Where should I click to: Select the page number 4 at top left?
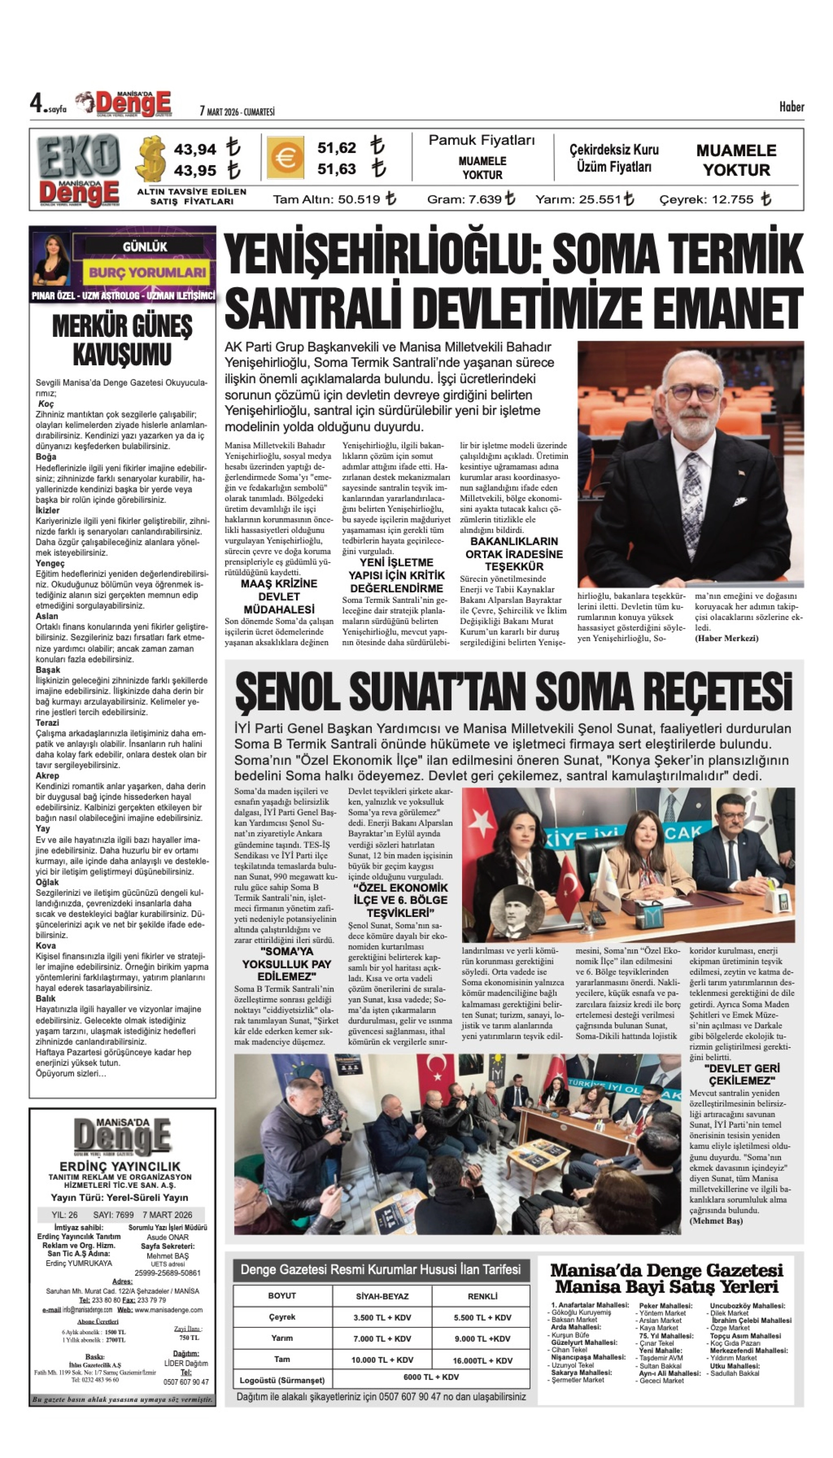(x=37, y=103)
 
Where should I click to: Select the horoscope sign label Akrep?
(x=47, y=776)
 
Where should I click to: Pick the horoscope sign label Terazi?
(x=47, y=723)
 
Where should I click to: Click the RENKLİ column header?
(x=482, y=1296)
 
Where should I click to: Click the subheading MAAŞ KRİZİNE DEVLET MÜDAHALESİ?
(x=279, y=596)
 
